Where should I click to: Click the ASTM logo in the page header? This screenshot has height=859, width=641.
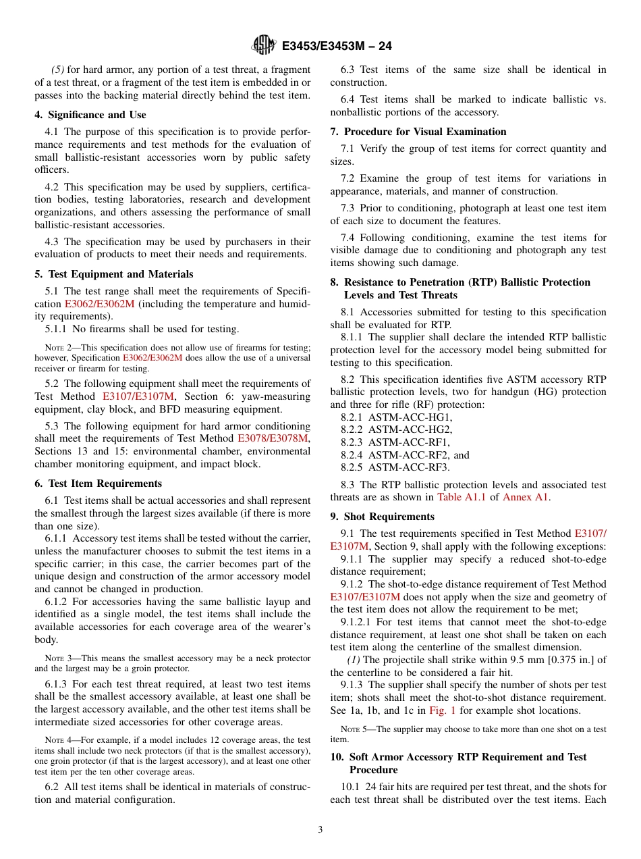tap(264, 45)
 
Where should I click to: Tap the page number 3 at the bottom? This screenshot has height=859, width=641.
tap(320, 830)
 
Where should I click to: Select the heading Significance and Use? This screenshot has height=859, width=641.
tap(90, 115)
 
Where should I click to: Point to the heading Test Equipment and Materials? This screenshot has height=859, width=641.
tap(114, 274)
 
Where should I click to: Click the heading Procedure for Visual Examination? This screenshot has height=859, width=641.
tap(418, 132)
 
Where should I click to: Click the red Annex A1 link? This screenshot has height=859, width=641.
tap(526, 498)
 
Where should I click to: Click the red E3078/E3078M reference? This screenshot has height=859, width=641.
tap(273, 439)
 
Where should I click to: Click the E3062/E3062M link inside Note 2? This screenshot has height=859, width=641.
tap(152, 358)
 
